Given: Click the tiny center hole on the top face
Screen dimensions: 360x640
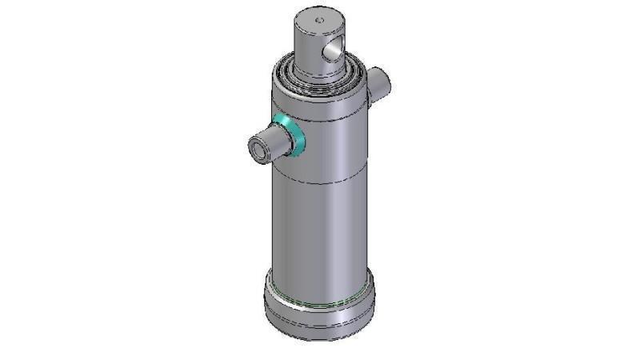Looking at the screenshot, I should (x=318, y=20).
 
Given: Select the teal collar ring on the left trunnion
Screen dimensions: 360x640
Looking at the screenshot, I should (x=290, y=134).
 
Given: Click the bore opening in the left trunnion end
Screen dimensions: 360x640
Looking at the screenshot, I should (x=258, y=149).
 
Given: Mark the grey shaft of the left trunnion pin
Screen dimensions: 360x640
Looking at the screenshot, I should (x=273, y=142).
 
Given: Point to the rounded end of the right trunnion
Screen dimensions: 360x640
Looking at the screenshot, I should (x=385, y=80).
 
